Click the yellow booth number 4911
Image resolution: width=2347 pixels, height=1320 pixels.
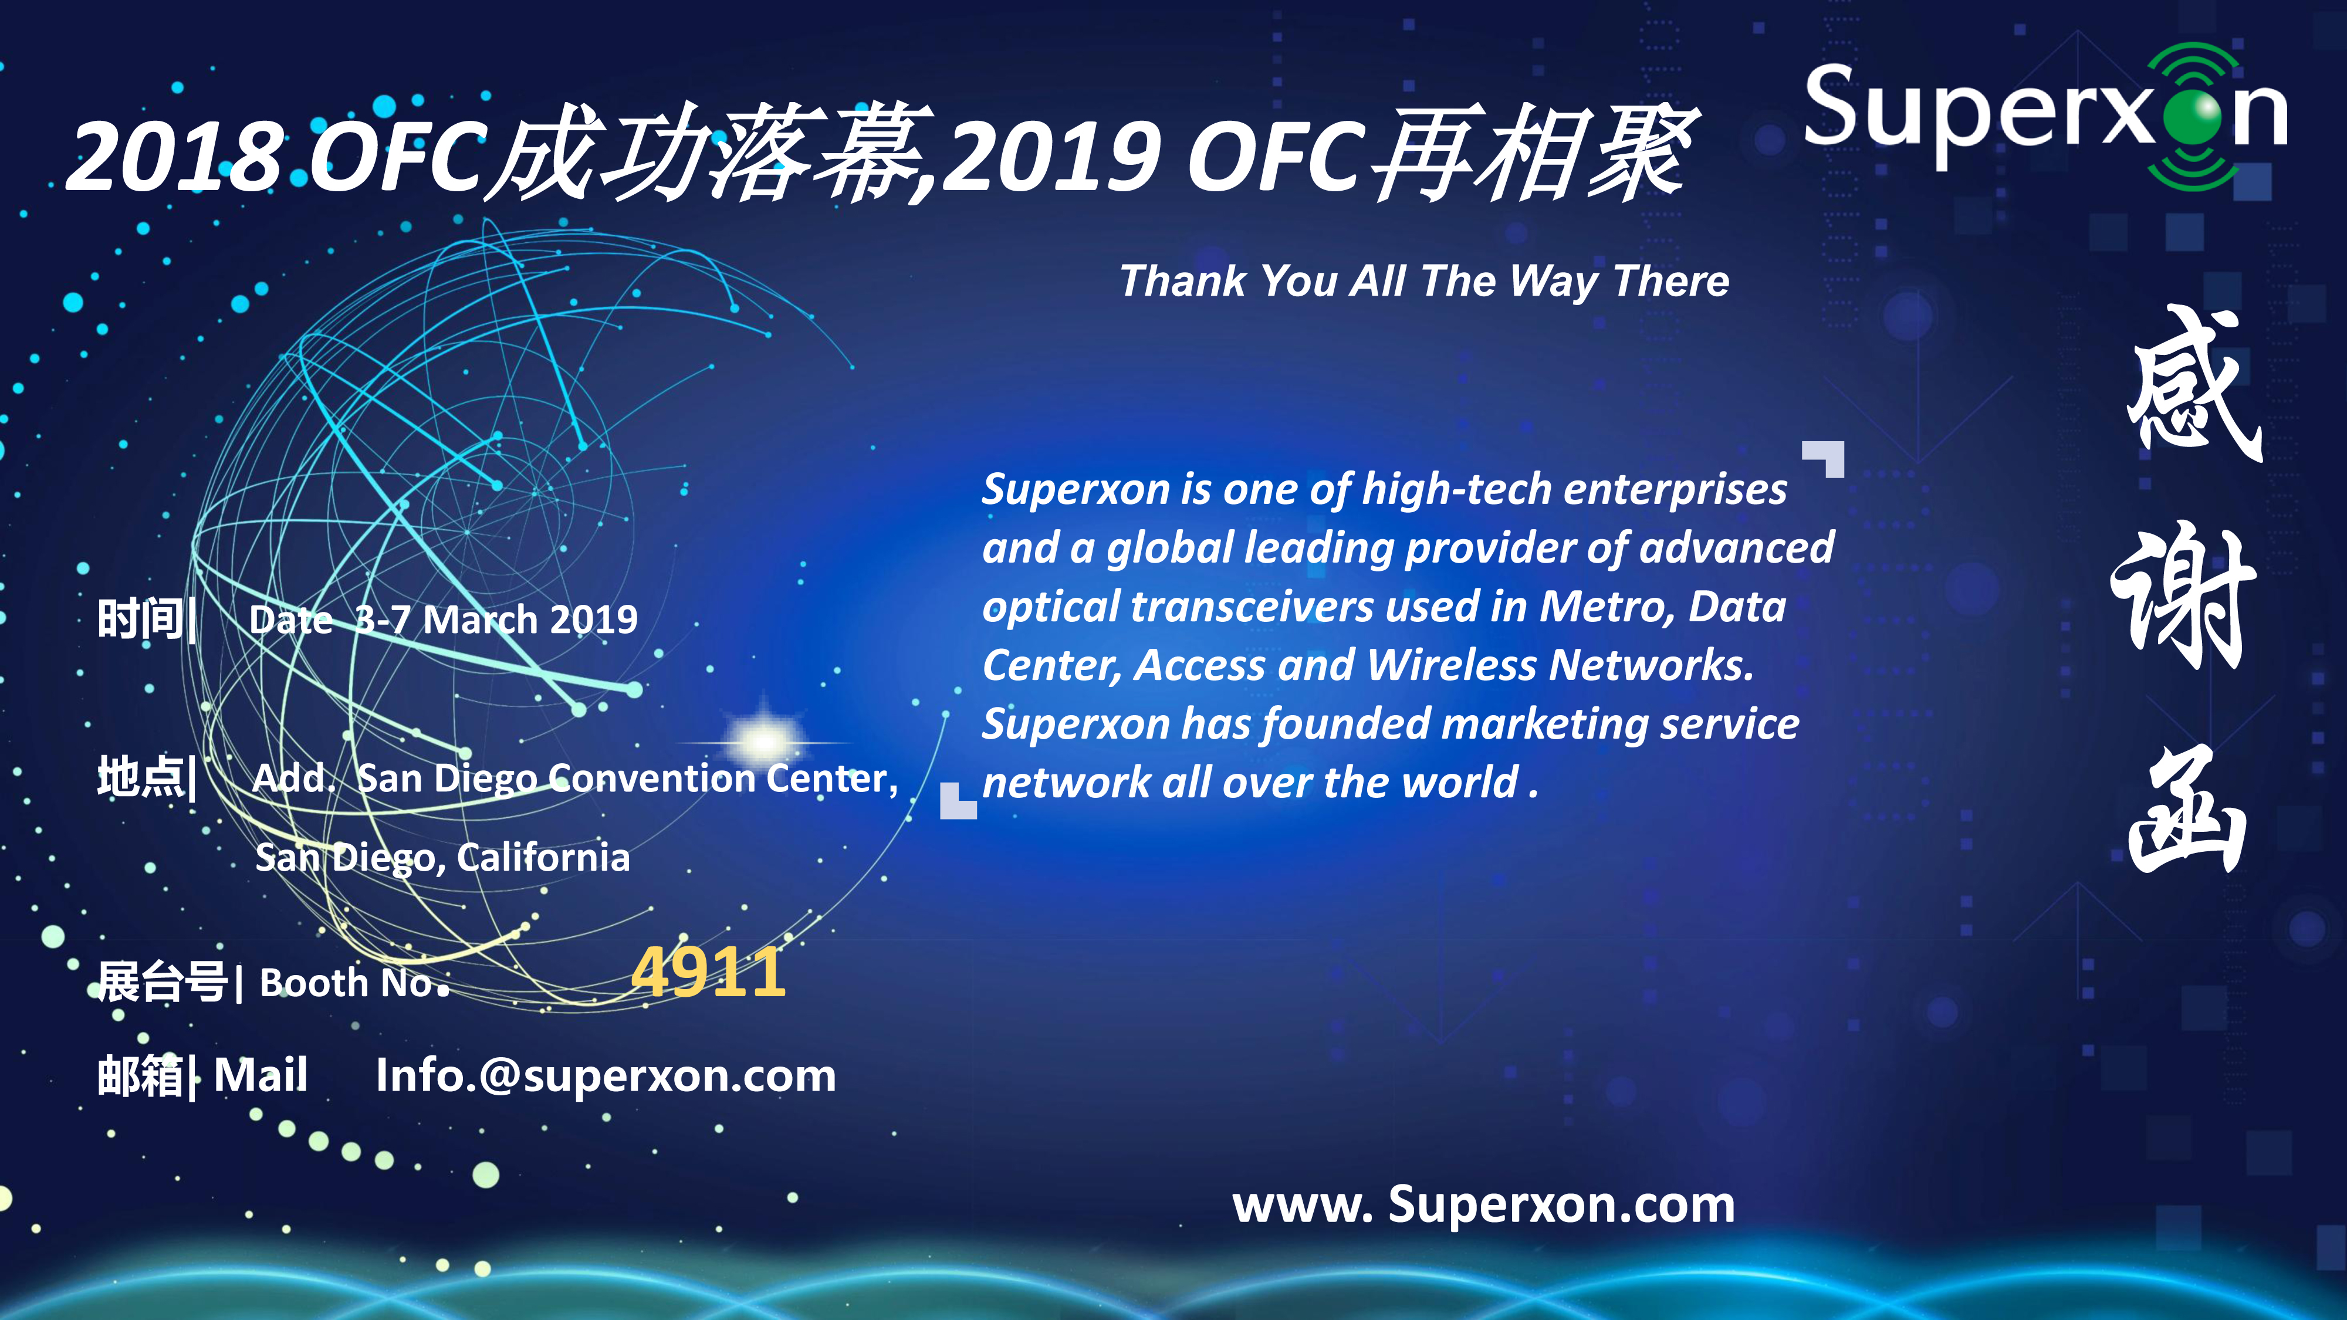tap(708, 972)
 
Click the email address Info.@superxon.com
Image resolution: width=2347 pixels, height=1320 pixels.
tap(606, 1076)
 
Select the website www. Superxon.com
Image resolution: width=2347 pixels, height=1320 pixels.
tap(1483, 1205)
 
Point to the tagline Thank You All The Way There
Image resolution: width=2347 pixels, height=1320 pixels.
tap(1424, 280)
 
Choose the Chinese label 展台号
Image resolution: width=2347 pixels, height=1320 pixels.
tap(162, 982)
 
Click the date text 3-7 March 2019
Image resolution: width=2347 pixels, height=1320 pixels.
tap(496, 620)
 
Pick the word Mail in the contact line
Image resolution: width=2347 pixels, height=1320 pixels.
tap(261, 1075)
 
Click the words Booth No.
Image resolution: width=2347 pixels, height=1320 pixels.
tap(354, 983)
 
